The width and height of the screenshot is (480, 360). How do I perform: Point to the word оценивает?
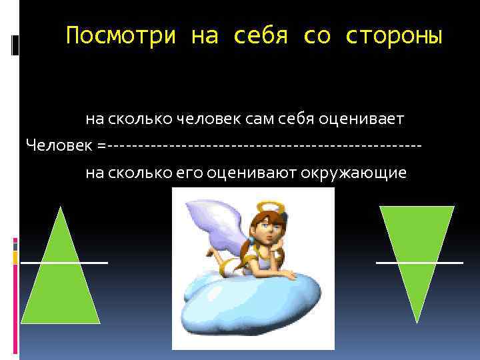361,120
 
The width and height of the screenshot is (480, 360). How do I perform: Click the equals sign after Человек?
101,145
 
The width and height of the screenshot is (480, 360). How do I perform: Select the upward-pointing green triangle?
61,280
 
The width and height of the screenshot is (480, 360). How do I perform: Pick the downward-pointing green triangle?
417,253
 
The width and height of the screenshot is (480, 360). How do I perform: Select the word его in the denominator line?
189,173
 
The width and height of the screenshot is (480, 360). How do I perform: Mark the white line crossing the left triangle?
64,263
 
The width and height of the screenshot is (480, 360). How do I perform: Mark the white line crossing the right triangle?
419,263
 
